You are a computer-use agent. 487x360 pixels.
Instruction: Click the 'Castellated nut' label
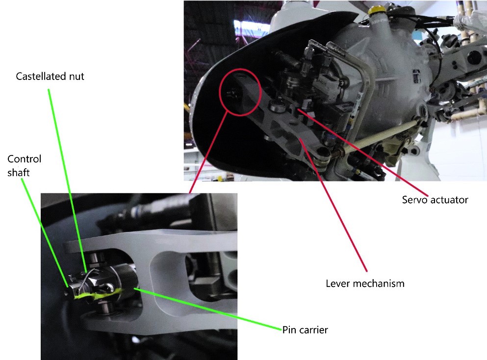[x=50, y=77]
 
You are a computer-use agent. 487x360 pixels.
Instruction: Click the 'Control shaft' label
[x=24, y=166]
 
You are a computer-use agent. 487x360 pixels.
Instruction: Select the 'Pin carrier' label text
[x=305, y=330]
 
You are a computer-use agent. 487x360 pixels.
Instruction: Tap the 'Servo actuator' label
[x=435, y=200]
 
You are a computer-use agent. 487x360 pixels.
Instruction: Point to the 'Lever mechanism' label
[x=365, y=283]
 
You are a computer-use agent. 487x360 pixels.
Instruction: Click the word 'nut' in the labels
[x=77, y=77]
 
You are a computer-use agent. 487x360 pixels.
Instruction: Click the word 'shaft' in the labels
[x=18, y=172]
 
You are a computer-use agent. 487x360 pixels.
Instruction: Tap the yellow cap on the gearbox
[x=377, y=10]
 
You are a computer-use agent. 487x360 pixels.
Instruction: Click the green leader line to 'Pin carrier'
[x=208, y=309]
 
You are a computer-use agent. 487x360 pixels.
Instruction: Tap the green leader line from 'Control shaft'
[x=45, y=232]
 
